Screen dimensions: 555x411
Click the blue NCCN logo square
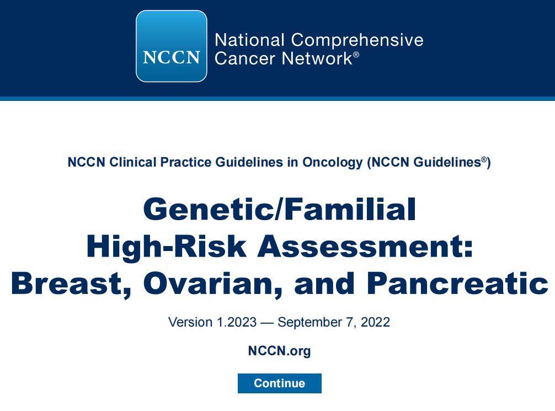tap(172, 46)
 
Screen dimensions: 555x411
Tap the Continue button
tap(280, 383)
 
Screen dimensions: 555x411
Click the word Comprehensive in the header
tap(357, 40)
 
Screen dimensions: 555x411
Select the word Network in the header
tap(317, 58)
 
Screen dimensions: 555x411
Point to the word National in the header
tap(249, 40)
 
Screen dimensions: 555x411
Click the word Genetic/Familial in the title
tap(280, 209)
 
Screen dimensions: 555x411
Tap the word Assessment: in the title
tap(365, 246)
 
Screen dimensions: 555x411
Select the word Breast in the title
tap(71, 284)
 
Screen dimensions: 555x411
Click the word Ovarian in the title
tap(213, 284)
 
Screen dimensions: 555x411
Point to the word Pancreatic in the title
tap(457, 284)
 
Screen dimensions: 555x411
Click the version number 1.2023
tap(237, 322)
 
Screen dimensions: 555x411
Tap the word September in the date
tap(309, 323)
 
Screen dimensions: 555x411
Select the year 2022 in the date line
tap(375, 322)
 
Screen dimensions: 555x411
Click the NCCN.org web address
tap(279, 351)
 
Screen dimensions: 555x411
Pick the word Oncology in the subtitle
tap(332, 163)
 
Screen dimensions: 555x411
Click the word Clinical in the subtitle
tap(133, 162)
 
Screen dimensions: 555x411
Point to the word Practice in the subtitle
tap(186, 162)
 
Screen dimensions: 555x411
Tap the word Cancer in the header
tap(247, 58)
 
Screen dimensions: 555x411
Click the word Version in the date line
tap(190, 322)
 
